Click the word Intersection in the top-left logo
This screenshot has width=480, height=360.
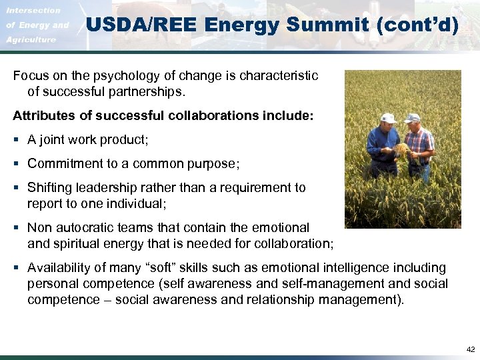(33, 11)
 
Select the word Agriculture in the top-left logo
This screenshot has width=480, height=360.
(31, 40)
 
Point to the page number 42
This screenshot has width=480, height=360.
(471, 349)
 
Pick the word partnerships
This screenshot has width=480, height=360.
(145, 90)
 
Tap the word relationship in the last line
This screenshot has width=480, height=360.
(285, 299)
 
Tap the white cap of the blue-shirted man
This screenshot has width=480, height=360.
(388, 118)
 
